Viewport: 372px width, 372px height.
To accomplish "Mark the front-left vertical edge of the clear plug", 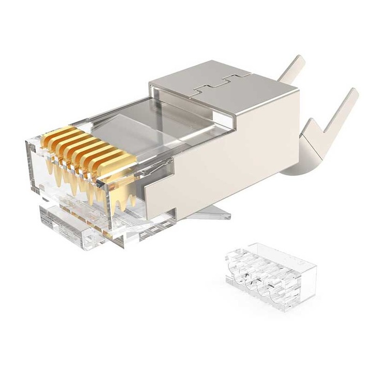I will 26,165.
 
